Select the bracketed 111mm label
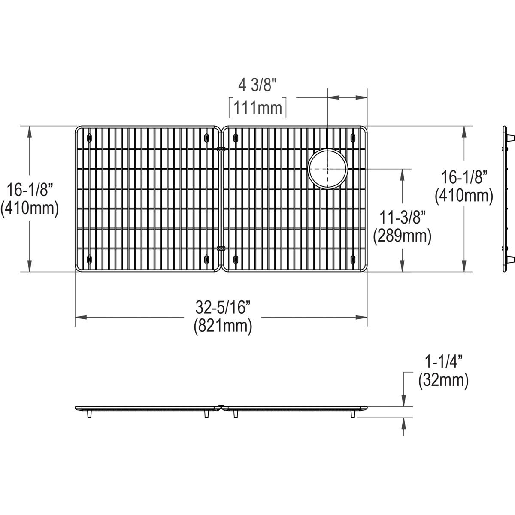[x=257, y=108]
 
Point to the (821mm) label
[x=223, y=326]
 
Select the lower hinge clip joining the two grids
[x=221, y=248]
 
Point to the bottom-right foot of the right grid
[x=353, y=259]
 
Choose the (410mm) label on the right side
[x=463, y=196]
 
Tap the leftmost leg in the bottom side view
[x=89, y=414]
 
